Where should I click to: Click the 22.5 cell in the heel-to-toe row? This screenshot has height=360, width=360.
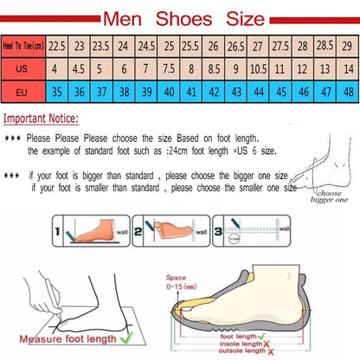point(57,45)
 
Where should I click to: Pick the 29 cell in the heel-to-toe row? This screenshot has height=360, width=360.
point(346,45)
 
